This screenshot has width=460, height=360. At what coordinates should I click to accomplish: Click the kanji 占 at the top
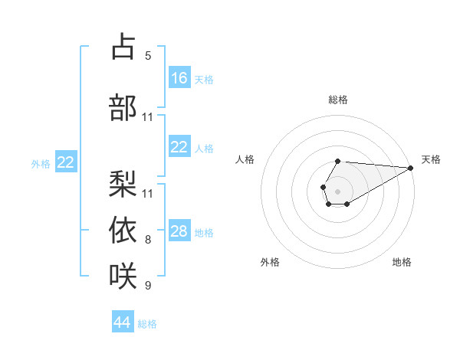point(123,47)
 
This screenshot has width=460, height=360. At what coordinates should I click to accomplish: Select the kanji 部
point(123,107)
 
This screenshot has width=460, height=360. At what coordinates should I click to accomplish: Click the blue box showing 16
point(179,78)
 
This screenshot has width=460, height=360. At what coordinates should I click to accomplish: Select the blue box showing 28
point(179,231)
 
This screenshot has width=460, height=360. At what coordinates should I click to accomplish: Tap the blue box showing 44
point(123,322)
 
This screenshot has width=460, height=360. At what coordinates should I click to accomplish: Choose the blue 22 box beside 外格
point(66,162)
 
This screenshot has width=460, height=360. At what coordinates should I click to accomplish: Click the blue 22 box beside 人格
point(179,147)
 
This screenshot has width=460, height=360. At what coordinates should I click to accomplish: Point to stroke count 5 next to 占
point(148,56)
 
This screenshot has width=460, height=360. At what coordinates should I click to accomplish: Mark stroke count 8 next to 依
point(148,240)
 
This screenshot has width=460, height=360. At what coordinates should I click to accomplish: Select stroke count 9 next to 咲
point(148,286)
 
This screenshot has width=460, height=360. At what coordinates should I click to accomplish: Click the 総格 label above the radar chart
point(337,100)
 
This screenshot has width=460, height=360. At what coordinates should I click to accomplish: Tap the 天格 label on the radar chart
point(431,159)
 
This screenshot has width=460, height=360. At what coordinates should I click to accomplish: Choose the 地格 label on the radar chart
point(402,262)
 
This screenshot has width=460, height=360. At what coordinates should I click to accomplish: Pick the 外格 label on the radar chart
point(270,262)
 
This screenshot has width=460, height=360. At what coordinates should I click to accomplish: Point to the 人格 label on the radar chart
point(245,159)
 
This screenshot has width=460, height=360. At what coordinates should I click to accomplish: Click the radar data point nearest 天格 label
point(410,168)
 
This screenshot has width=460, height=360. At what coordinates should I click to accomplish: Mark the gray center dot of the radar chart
point(337,191)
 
